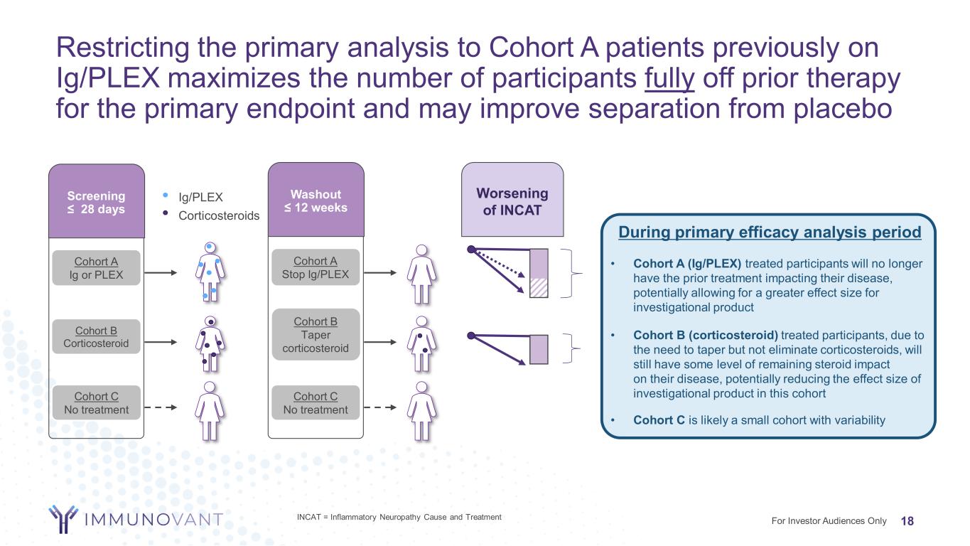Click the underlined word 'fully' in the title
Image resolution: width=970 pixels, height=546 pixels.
pyautogui.click(x=669, y=80)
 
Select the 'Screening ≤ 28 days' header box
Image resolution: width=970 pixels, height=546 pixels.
pyautogui.click(x=96, y=201)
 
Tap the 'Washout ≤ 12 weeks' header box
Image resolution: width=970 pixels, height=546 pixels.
pyautogui.click(x=316, y=200)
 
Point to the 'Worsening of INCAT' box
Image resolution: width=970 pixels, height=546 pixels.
pyautogui.click(x=512, y=200)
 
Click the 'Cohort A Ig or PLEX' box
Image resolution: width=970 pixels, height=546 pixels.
pyautogui.click(x=96, y=268)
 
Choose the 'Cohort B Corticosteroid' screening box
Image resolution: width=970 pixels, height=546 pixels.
pyautogui.click(x=96, y=337)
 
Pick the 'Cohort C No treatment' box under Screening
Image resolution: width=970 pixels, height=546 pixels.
pyautogui.click(x=96, y=403)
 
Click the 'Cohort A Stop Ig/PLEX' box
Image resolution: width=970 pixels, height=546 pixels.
pyautogui.click(x=316, y=268)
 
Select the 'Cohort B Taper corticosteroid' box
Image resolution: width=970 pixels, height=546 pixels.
pyautogui.click(x=316, y=334)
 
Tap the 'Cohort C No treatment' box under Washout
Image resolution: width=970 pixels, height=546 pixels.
pyautogui.click(x=316, y=403)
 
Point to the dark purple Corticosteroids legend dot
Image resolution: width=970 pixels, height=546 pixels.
pyautogui.click(x=166, y=212)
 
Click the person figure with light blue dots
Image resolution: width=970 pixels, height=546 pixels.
pyautogui.click(x=210, y=272)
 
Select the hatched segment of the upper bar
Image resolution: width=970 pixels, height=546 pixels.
pyautogui.click(x=540, y=287)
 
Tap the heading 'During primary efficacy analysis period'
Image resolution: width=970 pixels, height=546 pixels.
pyautogui.click(x=770, y=232)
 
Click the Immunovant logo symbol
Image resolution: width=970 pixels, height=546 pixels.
pyautogui.click(x=63, y=518)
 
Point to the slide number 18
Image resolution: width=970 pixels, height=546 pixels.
pyautogui.click(x=907, y=521)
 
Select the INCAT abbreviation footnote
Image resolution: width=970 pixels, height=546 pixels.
pyautogui.click(x=399, y=517)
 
